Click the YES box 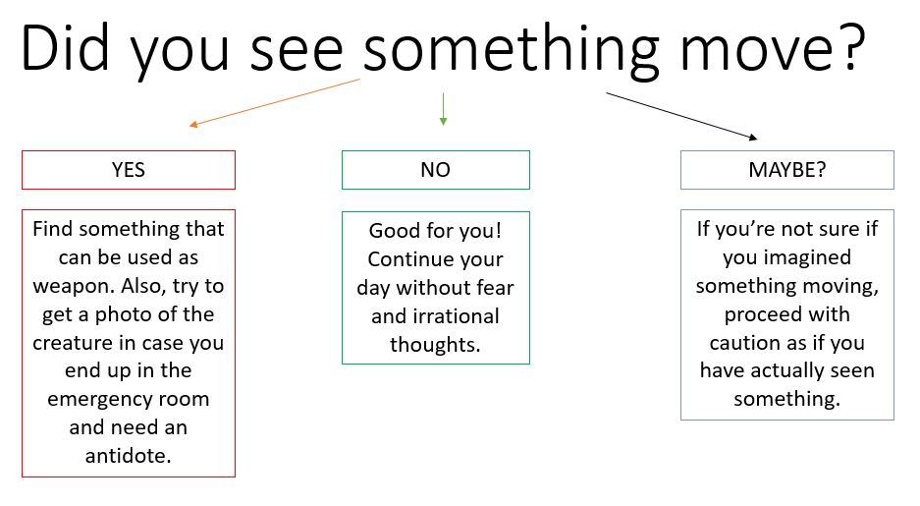tap(129, 170)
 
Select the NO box tap(435, 170)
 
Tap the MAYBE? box tap(786, 170)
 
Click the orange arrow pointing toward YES tap(274, 102)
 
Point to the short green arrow tap(443, 109)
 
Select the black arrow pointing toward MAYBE tap(681, 116)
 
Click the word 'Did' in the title tap(65, 49)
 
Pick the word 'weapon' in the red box tap(73, 287)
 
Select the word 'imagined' tap(807, 258)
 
